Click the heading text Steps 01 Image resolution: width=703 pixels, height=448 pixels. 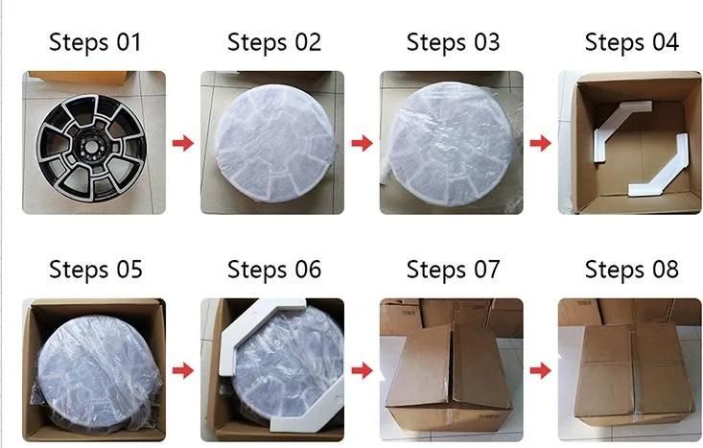(x=95, y=42)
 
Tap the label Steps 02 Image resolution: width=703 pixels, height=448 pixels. (x=274, y=42)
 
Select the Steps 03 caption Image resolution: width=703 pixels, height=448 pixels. (x=453, y=42)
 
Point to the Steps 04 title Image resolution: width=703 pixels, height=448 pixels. (x=632, y=42)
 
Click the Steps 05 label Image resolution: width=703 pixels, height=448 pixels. (x=96, y=270)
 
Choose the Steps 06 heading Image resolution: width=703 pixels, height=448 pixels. (x=274, y=270)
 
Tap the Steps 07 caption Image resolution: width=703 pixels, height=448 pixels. (x=453, y=270)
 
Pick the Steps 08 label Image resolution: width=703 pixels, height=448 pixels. (x=632, y=270)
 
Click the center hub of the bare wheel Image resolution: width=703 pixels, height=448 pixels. (x=92, y=146)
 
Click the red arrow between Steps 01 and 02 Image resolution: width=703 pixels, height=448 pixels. (x=183, y=143)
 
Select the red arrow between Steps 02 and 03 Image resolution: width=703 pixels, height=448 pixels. (x=362, y=143)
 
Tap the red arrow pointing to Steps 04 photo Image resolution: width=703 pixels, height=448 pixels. (x=540, y=143)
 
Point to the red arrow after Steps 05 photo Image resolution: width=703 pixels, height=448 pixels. (x=183, y=370)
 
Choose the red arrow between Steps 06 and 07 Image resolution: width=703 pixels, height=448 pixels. (x=362, y=370)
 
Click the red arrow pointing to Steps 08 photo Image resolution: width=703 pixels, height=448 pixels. (x=540, y=370)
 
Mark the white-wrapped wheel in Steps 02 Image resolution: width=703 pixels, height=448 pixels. (x=274, y=143)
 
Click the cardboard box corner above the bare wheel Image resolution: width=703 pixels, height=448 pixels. (x=82, y=78)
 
